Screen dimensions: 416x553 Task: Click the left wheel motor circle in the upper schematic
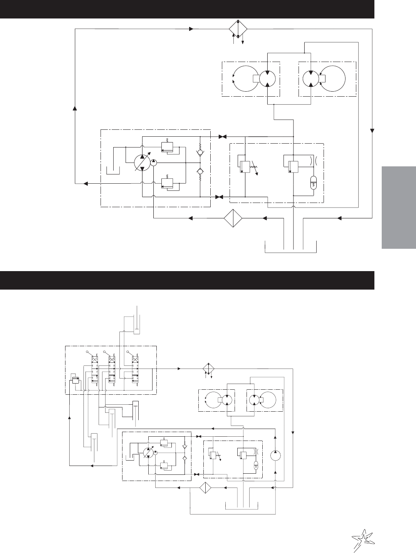[267, 79]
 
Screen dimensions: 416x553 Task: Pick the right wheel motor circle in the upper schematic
[311, 79]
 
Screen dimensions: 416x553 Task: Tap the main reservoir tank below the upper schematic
[291, 246]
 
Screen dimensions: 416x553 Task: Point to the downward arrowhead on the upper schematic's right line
[372, 131]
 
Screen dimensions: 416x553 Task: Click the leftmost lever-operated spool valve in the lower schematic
[94, 370]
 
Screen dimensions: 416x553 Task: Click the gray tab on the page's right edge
[399, 208]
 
